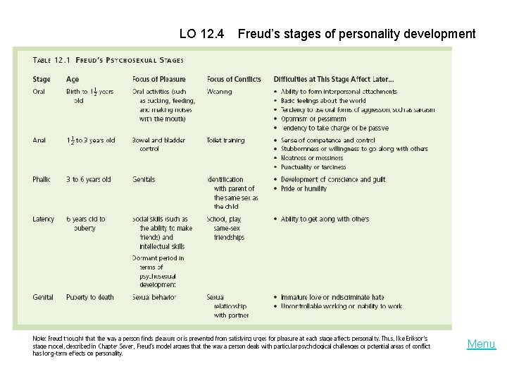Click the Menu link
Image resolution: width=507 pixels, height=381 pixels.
[482, 344]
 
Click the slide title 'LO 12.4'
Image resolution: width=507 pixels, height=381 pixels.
[202, 33]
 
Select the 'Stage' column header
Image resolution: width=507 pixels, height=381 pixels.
[42, 79]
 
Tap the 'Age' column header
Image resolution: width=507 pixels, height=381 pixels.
[73, 79]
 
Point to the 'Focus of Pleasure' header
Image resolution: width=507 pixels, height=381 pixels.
[159, 79]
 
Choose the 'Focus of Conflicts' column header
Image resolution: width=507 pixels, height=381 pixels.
[234, 79]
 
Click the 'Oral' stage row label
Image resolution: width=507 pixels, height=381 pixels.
[39, 92]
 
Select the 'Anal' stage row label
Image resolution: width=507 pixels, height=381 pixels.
[39, 140]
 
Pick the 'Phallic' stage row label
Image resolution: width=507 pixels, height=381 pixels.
[42, 180]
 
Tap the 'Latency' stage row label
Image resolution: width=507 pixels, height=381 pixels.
[43, 219]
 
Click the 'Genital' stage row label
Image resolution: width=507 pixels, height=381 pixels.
[43, 297]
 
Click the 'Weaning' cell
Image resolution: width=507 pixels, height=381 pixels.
[220, 92]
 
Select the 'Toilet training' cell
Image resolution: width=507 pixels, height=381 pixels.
[226, 140]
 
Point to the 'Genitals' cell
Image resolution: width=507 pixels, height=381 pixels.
[144, 180]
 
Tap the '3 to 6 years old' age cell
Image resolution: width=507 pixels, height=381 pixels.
[89, 180]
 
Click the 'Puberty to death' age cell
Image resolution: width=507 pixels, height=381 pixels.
[90, 297]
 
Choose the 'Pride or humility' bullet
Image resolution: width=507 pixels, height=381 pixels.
[304, 189]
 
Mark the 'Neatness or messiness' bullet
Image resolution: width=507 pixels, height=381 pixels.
[312, 158]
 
